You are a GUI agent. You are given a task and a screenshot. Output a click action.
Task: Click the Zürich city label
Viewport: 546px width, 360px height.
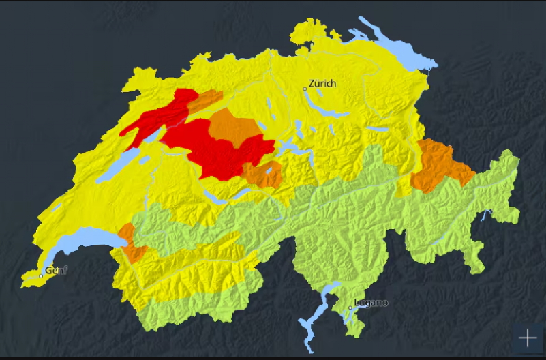click(x=322, y=84)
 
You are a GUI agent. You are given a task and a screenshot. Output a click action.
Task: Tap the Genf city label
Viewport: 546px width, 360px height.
click(x=57, y=271)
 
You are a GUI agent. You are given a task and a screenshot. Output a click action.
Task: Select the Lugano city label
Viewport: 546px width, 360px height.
click(x=371, y=303)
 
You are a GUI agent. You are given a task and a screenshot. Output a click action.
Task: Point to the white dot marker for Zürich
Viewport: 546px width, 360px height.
click(x=305, y=89)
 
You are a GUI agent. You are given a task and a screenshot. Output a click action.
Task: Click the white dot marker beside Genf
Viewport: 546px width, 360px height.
click(x=41, y=275)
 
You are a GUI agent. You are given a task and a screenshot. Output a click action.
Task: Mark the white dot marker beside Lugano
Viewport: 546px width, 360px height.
click(x=350, y=307)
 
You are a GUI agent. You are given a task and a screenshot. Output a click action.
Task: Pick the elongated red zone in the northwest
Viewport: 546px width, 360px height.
click(x=160, y=116)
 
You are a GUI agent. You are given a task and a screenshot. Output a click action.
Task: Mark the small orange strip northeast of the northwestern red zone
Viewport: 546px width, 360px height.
click(x=205, y=101)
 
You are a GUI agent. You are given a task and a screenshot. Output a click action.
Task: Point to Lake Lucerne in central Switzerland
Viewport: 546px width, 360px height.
click(x=290, y=151)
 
